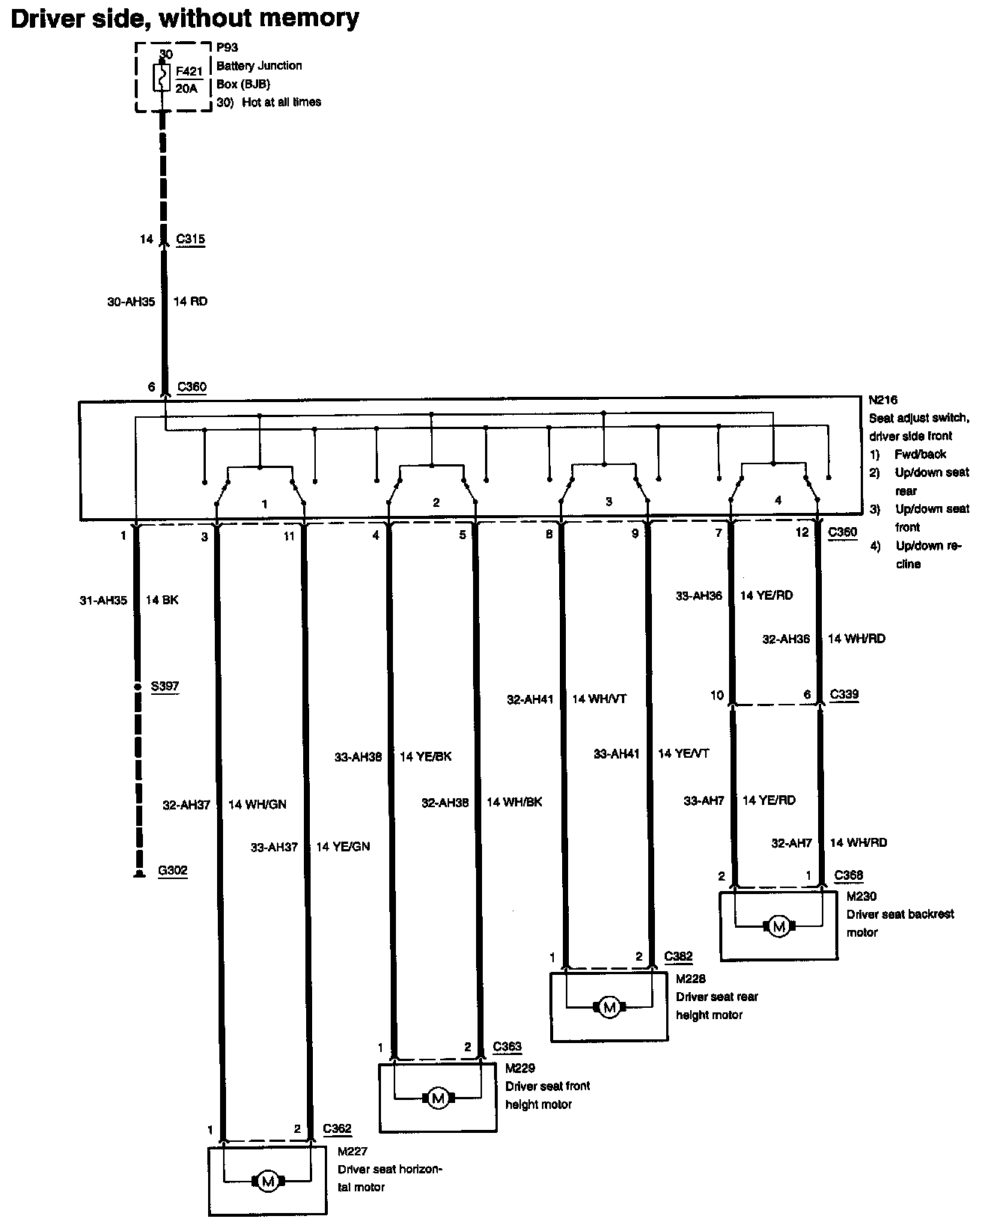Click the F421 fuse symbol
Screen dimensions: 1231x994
(x=162, y=78)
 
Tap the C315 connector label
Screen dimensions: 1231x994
(x=190, y=240)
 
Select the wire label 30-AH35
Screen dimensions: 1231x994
(x=131, y=302)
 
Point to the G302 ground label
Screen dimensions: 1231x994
(x=172, y=871)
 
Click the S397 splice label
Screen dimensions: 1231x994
(x=165, y=686)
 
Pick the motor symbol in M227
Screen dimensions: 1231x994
(x=267, y=1182)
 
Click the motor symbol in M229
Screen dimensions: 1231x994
(x=439, y=1098)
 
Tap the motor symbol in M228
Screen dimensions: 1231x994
(x=609, y=1008)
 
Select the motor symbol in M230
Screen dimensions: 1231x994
(x=779, y=927)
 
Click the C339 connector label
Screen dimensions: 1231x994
(x=844, y=695)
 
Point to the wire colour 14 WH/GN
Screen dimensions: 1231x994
(x=257, y=805)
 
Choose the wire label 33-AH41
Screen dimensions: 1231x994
(x=616, y=755)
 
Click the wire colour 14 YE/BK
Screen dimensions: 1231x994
(x=425, y=757)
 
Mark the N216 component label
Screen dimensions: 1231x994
(x=883, y=401)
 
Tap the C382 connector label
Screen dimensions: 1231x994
(x=678, y=956)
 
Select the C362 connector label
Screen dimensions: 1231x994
(x=337, y=1128)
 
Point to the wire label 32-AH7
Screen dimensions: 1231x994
(x=791, y=843)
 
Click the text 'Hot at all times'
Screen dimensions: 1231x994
(x=281, y=102)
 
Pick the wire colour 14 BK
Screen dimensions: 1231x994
(x=162, y=600)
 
